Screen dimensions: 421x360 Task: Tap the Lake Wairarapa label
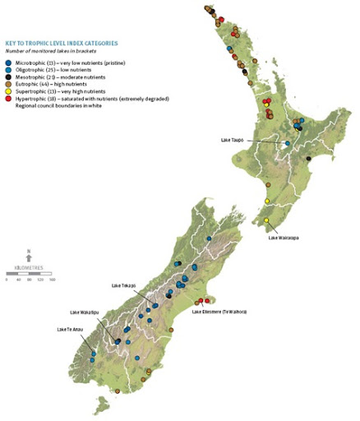click(x=284, y=238)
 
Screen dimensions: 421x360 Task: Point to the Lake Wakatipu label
click(x=85, y=313)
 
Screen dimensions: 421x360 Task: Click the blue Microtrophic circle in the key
click(x=8, y=62)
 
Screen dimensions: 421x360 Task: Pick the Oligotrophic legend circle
click(x=8, y=71)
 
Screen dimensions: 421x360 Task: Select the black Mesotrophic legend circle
click(x=8, y=78)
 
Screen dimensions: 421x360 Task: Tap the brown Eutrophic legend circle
click(x=8, y=86)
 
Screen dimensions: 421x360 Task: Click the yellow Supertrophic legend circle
click(x=8, y=93)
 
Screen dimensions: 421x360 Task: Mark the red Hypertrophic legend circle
click(x=8, y=100)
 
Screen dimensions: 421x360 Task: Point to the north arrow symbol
click(x=29, y=254)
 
